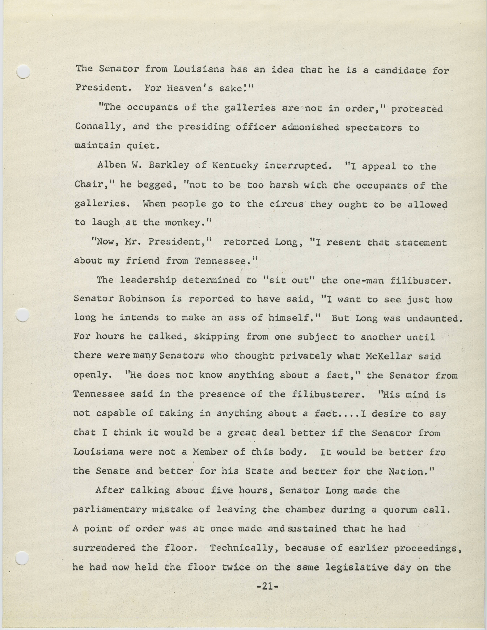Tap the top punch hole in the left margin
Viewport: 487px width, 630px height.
point(23,72)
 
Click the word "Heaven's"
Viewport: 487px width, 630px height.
point(190,88)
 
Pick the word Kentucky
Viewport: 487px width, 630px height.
point(235,166)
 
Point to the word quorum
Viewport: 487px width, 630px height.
point(400,510)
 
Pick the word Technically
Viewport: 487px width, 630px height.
point(244,548)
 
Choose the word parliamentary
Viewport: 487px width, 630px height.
point(110,510)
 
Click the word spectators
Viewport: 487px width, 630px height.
point(374,128)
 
